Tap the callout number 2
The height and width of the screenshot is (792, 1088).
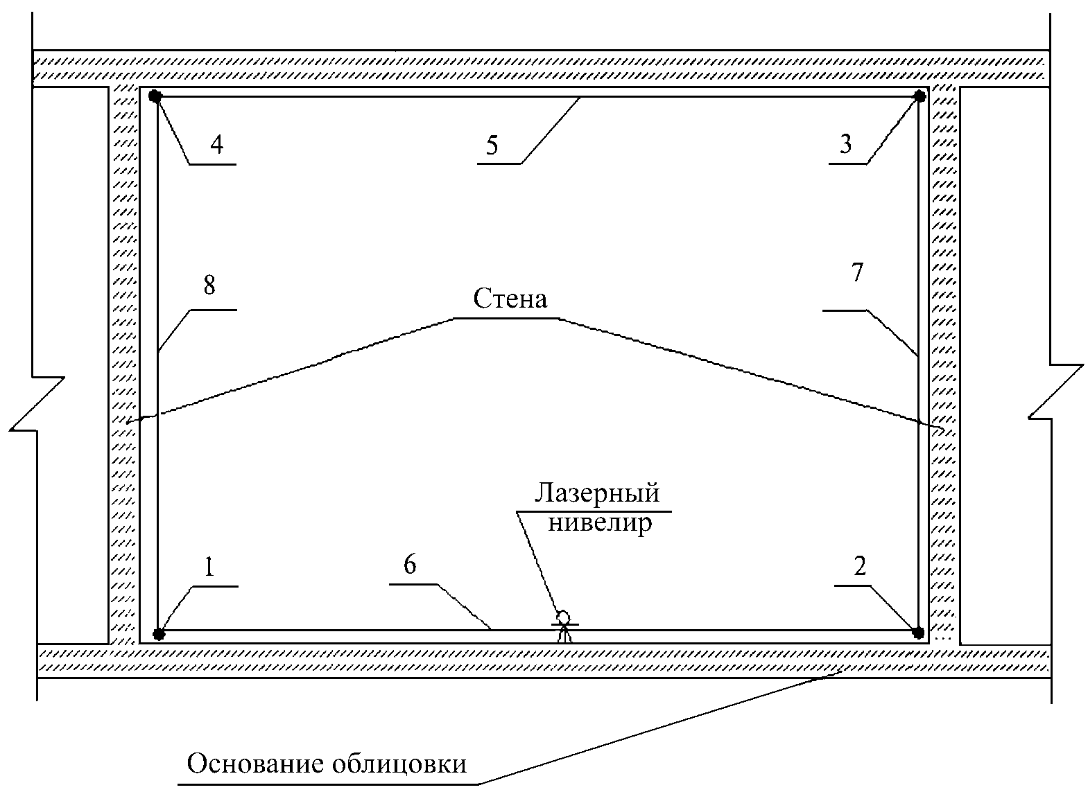(x=860, y=567)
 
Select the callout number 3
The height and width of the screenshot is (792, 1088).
(x=845, y=144)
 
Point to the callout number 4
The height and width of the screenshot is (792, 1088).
(x=216, y=145)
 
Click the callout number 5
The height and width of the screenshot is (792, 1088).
(x=492, y=146)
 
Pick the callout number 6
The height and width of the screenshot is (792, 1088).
(x=410, y=565)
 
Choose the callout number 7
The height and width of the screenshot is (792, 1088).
(x=857, y=273)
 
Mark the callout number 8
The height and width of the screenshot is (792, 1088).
(x=209, y=285)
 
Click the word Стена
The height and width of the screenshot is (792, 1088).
(x=510, y=299)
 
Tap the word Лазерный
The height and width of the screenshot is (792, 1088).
(x=596, y=493)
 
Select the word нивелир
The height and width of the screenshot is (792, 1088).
(x=600, y=522)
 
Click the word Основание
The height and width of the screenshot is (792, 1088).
(x=255, y=764)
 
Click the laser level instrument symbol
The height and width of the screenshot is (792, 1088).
(x=564, y=626)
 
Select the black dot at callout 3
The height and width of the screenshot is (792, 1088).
(x=920, y=96)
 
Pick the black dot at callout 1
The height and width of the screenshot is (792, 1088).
(x=159, y=633)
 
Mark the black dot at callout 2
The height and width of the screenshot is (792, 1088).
(x=918, y=632)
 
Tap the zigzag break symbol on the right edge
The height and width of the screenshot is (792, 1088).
(x=1055, y=391)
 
